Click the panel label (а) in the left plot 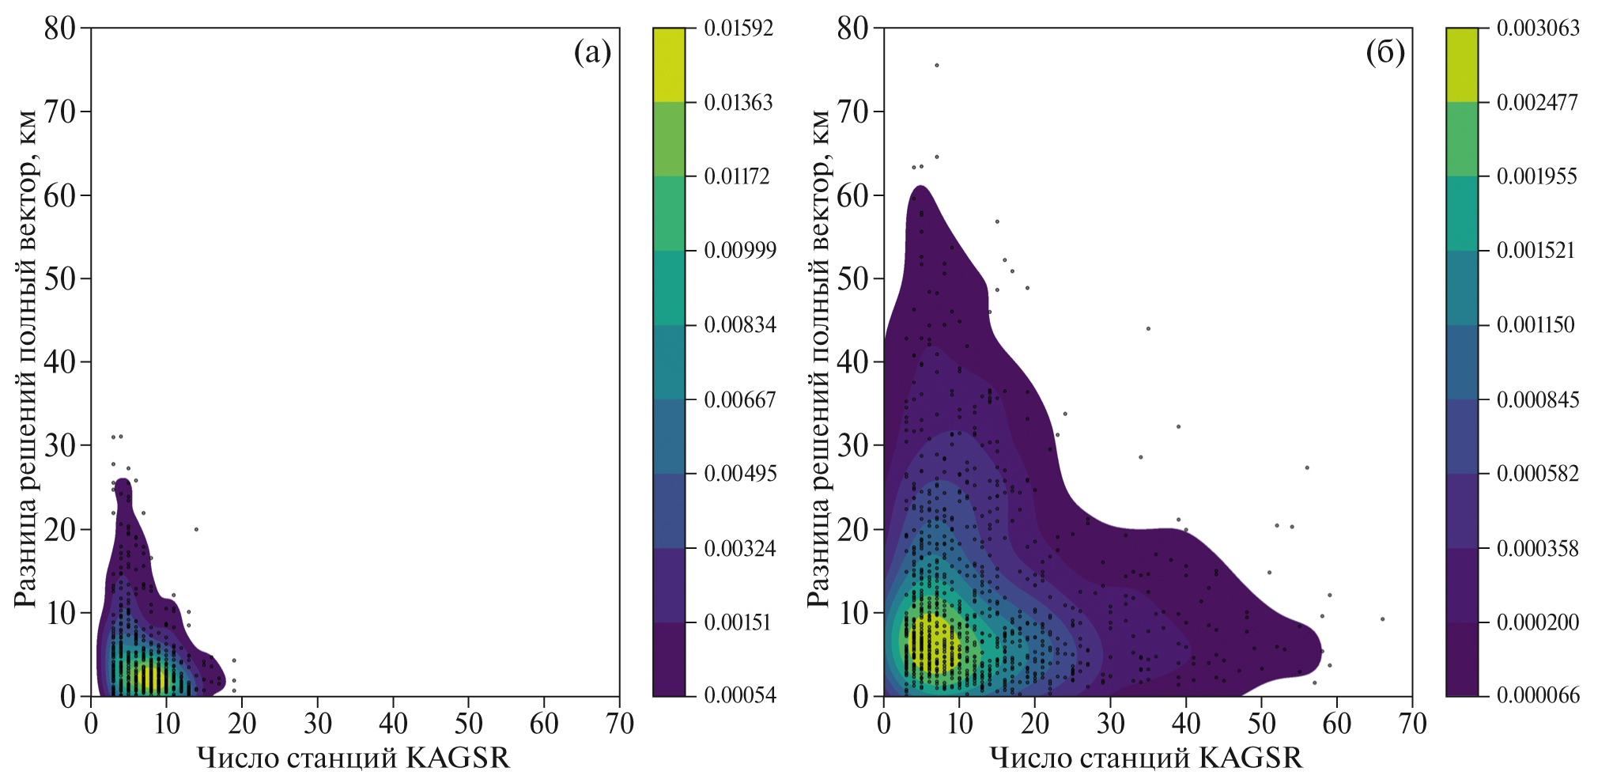(x=592, y=53)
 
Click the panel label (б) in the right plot (x=1385, y=53)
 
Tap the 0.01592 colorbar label (x=739, y=28)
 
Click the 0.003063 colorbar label (x=1538, y=28)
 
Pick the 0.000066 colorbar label (x=1538, y=695)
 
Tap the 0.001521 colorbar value (x=1536, y=251)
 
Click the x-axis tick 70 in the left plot (x=619, y=724)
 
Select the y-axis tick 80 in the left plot (x=59, y=28)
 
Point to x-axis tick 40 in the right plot (x=1185, y=724)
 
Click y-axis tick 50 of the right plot (x=852, y=278)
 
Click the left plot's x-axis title (x=353, y=758)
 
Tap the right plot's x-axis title (x=1146, y=758)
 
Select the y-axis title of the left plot (x=25, y=360)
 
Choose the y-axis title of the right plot (x=818, y=360)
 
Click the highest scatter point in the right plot (x=937, y=66)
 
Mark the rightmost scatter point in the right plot (x=1382, y=619)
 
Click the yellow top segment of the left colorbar (x=669, y=65)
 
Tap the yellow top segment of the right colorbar (x=1461, y=65)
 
